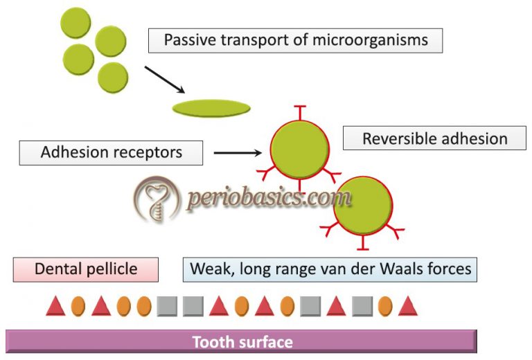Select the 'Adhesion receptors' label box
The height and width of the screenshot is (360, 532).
(111, 152)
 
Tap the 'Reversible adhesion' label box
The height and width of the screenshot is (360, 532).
(434, 138)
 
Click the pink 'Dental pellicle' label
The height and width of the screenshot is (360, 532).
(86, 269)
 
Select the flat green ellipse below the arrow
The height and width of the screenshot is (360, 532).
(211, 108)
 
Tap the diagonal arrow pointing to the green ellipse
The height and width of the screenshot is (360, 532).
(164, 80)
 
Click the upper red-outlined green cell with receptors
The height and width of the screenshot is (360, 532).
(299, 150)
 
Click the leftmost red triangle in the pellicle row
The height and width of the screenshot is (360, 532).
(56, 305)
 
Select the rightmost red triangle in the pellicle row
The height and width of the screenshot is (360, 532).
(407, 305)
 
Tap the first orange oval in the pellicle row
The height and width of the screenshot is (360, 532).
(78, 305)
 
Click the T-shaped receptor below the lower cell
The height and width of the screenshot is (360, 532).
(362, 244)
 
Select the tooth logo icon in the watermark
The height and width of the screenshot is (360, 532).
(157, 199)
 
